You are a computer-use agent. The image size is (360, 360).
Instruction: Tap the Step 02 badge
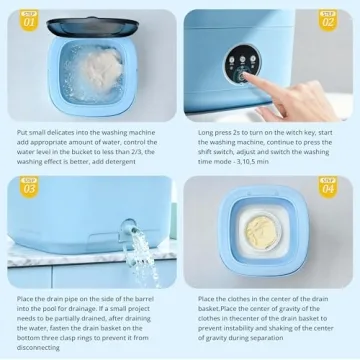pyautogui.click(x=328, y=18)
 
